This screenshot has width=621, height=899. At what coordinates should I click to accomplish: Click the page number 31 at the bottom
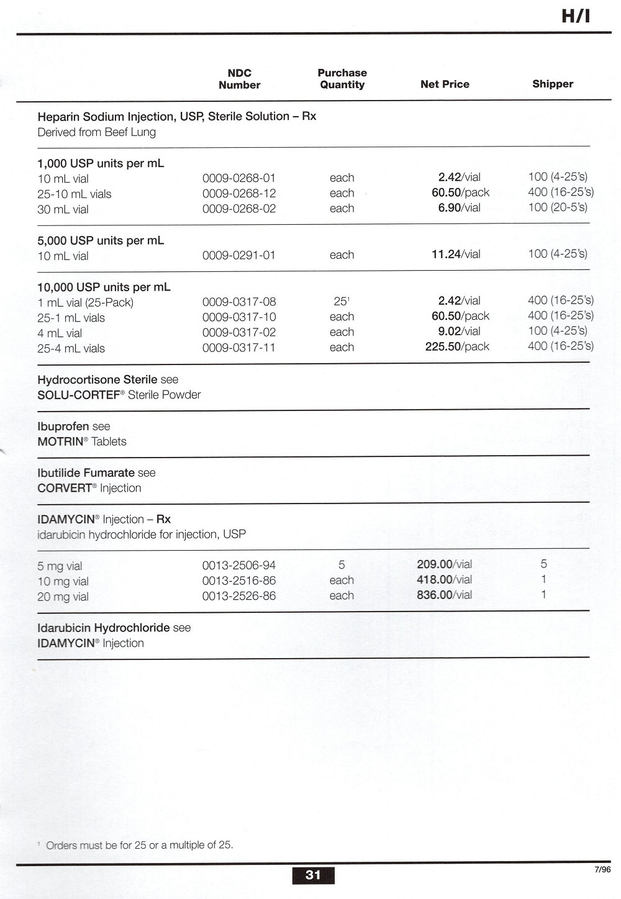click(x=313, y=875)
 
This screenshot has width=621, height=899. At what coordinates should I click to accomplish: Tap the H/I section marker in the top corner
click(x=575, y=16)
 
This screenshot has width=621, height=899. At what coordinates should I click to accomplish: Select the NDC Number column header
click(x=239, y=79)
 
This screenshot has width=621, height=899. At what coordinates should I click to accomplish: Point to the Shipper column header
click(x=552, y=84)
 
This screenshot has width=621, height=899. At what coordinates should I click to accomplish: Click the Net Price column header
click(x=445, y=84)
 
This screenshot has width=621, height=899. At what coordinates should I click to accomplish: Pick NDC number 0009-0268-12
click(x=239, y=193)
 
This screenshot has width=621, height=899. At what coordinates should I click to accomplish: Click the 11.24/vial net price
click(x=456, y=254)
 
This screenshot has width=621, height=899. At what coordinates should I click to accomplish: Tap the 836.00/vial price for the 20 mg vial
click(x=444, y=595)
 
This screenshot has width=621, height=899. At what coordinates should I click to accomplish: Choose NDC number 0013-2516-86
click(x=239, y=581)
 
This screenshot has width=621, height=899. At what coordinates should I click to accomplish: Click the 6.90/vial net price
click(x=459, y=208)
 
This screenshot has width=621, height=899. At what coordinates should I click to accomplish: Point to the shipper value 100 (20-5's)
click(x=557, y=207)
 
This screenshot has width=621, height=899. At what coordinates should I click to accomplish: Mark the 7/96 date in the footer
click(x=602, y=869)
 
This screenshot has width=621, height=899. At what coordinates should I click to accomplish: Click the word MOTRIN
click(x=60, y=441)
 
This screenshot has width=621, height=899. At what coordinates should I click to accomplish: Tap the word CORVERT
click(x=64, y=488)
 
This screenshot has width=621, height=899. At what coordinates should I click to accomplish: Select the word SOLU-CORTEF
click(x=78, y=395)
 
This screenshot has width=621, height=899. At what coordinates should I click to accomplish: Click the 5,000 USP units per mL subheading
click(x=101, y=240)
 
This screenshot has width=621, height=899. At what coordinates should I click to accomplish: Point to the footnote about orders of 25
click(x=138, y=844)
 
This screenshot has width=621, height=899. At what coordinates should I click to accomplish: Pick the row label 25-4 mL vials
click(x=71, y=348)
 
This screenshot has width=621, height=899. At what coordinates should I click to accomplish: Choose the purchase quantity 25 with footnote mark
click(x=342, y=301)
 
